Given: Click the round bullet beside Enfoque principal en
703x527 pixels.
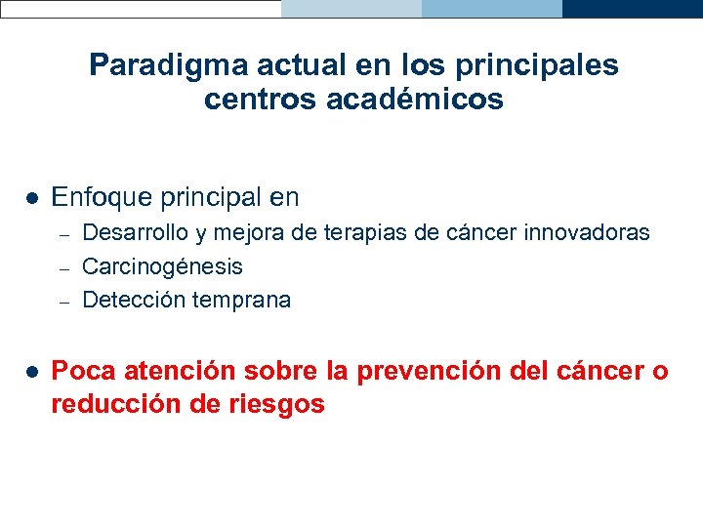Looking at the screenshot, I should point(31,198).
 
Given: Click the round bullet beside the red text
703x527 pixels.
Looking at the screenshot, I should point(31,372).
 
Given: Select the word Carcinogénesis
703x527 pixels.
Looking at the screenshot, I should point(162,266).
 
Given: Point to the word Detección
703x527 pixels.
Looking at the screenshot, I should point(134,300).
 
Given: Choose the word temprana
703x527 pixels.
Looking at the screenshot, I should point(241,301).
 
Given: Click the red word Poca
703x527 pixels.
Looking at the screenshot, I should point(83,372).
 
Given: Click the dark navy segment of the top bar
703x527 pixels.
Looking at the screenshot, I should point(632,9).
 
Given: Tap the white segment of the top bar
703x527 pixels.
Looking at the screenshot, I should point(141,9).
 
